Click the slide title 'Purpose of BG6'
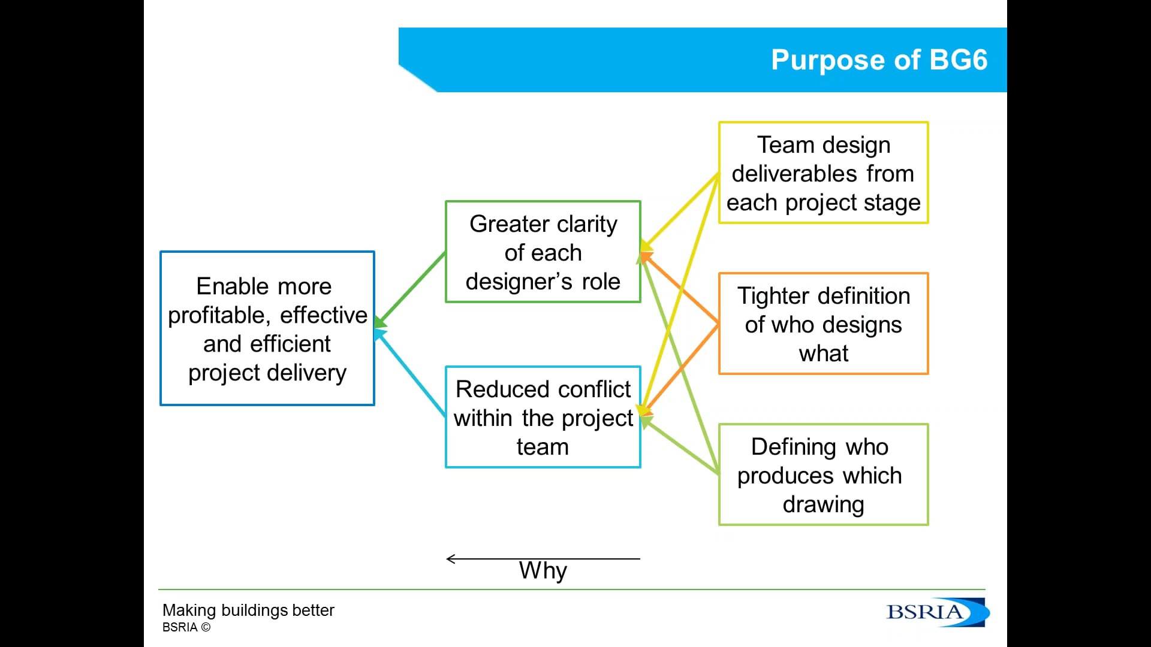click(x=879, y=60)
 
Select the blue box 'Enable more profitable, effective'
click(x=267, y=328)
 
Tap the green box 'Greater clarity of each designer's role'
click(x=543, y=252)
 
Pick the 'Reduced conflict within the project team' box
click(x=543, y=417)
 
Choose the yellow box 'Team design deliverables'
click(x=824, y=173)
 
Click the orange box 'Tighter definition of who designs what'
click(x=824, y=323)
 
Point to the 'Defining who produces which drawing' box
click(x=824, y=474)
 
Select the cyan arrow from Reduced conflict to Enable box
click(x=411, y=373)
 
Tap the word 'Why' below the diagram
click(x=543, y=570)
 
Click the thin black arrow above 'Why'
click(x=543, y=559)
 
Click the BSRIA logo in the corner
click(x=937, y=612)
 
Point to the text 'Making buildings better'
click(x=248, y=610)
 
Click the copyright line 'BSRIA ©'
click(x=186, y=627)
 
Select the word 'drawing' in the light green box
click(x=824, y=504)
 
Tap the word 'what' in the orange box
click(x=824, y=353)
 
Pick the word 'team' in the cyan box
click(x=543, y=447)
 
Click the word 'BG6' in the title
click(x=958, y=60)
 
